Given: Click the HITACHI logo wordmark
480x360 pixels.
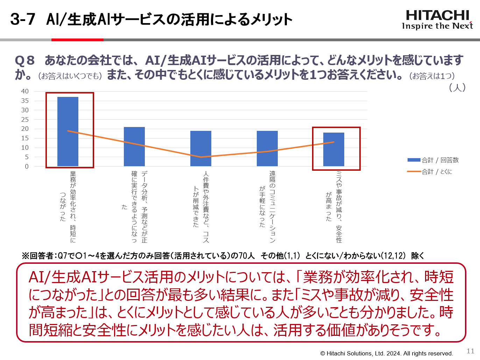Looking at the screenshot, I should click(x=437, y=15).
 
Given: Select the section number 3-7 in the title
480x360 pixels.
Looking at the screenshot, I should click(x=23, y=19).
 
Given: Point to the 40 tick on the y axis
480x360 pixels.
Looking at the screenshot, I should click(x=25, y=91).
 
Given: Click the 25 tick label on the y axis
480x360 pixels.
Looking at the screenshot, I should click(x=25, y=120).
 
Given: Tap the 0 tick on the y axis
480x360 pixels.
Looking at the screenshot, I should click(x=27, y=167).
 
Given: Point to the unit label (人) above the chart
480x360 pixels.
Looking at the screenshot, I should click(x=457, y=87).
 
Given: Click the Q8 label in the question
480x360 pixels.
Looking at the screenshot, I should click(x=25, y=61).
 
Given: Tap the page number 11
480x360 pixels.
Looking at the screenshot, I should click(x=470, y=351).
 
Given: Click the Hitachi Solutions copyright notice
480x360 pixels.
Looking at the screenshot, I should click(x=387, y=353).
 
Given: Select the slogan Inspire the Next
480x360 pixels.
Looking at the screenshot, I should click(x=437, y=26).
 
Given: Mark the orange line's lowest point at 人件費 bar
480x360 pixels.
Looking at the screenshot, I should click(x=201, y=157).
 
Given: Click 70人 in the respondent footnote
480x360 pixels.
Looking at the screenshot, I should click(x=247, y=256).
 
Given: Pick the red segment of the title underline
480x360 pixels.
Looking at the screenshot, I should click(x=77, y=40).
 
